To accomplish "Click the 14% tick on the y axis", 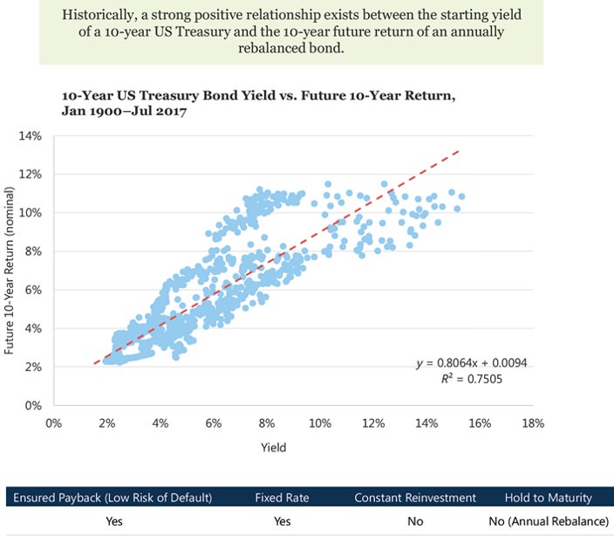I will pos(31,136).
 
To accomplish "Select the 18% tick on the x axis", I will pos(533,423).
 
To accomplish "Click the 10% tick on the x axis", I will pos(320,423).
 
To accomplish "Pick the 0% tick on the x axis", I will pos(53,423).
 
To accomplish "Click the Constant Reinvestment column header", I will pos(414,498).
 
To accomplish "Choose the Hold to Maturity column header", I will pos(548,498).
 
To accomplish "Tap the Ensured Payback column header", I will pos(111,498).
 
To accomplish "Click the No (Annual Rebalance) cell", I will pos(548,521).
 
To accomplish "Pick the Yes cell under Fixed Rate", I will pos(282,521).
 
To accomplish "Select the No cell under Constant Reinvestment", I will pos(414,521).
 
